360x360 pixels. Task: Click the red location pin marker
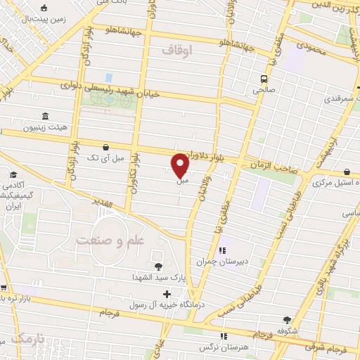[x=180, y=165]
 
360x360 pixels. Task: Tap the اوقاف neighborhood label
[x=176, y=50]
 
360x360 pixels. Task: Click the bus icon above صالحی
[x=264, y=79]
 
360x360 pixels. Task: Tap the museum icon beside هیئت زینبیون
[x=46, y=116]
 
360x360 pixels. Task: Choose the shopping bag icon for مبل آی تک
[x=105, y=147]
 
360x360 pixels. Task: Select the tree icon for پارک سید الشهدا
[x=158, y=266]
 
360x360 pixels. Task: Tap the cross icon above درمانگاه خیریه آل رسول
[x=167, y=294]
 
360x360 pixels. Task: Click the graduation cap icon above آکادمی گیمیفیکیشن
[x=13, y=174]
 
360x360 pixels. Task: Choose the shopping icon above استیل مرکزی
[x=347, y=172]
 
